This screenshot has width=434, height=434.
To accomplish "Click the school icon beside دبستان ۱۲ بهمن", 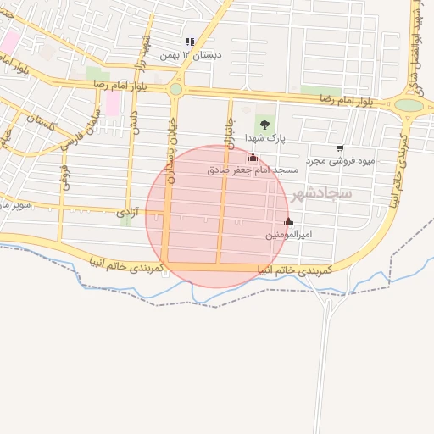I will pyautogui.click(x=190, y=41).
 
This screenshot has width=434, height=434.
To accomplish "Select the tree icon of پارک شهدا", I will pyautogui.click(x=265, y=124).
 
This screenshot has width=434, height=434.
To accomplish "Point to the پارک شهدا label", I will pyautogui.click(x=265, y=137).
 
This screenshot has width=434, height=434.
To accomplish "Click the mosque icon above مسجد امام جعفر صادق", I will pyautogui.click(x=253, y=158).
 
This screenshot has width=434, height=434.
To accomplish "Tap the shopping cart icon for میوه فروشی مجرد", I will pyautogui.click(x=340, y=148).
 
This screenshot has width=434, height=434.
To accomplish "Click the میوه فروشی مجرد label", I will pyautogui.click(x=340, y=161).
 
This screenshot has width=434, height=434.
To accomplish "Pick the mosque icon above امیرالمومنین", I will pyautogui.click(x=288, y=222).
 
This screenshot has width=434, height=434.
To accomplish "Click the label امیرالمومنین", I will pyautogui.click(x=288, y=234).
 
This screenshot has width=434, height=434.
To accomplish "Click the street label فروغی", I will pyautogui.click(x=64, y=177).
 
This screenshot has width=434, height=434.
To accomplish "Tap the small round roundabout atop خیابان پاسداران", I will pyautogui.click(x=175, y=89).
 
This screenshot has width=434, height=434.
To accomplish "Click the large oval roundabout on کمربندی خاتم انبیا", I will pyautogui.click(x=409, y=105).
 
